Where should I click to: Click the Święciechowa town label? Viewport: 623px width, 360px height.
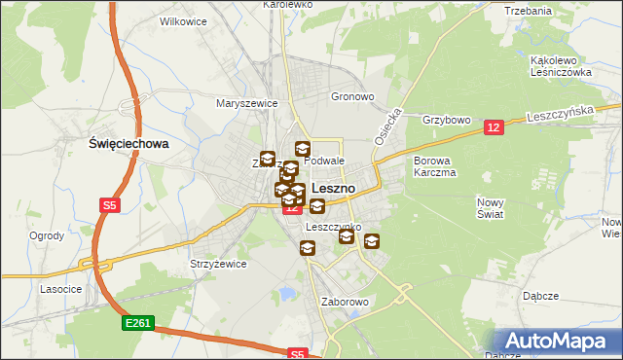[128, 143]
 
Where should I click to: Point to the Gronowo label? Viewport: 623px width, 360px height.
[352, 97]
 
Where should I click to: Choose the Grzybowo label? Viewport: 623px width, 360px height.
[447, 121]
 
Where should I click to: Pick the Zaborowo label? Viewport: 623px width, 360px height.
[345, 302]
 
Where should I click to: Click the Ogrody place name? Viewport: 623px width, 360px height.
[47, 235]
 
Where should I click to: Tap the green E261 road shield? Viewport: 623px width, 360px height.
[135, 322]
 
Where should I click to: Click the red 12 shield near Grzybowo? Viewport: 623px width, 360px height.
[494, 127]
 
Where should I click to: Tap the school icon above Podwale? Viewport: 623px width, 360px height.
[302, 149]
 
